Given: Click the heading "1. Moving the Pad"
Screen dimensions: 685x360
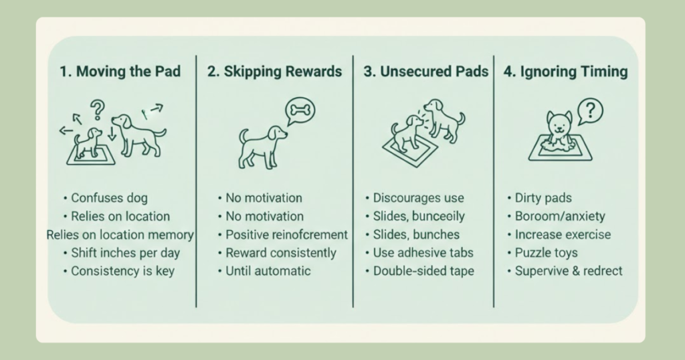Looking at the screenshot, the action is pos(120,71).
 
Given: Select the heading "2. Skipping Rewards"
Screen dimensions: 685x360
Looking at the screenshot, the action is pos(274,71).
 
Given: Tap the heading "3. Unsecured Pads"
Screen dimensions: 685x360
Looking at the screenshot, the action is pos(426,71).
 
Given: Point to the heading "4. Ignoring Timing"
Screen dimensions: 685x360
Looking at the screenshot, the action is pos(565,72).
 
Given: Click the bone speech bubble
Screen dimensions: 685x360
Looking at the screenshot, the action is pos(300,111).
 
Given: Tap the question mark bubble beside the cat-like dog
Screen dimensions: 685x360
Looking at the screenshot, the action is pos(590,111).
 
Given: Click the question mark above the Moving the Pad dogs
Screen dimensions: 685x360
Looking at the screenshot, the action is pos(98,110).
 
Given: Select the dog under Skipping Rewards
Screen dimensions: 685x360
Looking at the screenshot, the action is pos(262,147).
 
